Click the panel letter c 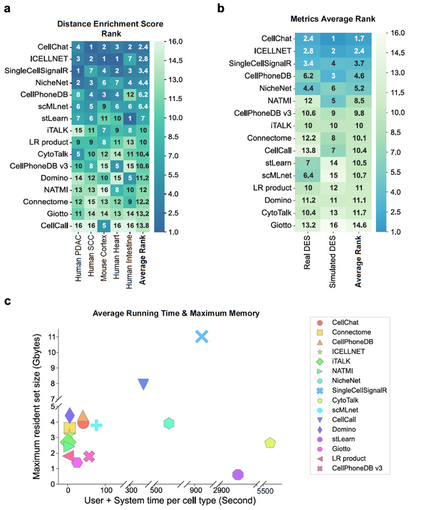click(7, 301)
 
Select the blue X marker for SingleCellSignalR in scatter click(202, 336)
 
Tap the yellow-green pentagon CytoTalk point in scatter click(270, 443)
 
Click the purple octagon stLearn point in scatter click(238, 474)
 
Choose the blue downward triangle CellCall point click(143, 384)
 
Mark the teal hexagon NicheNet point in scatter click(169, 423)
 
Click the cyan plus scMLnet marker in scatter click(96, 425)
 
